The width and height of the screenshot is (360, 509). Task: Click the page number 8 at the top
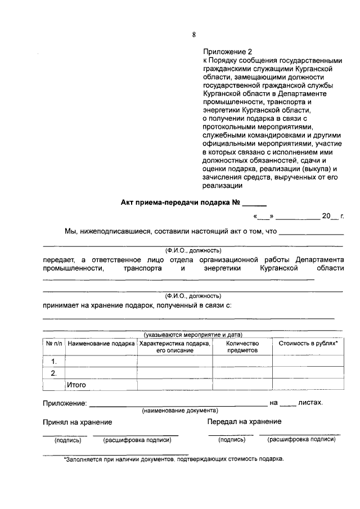pyautogui.click(x=193, y=35)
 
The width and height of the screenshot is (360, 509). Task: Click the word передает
pyautogui.click(x=59, y=260)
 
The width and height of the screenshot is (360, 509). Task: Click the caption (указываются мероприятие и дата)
pyautogui.click(x=193, y=334)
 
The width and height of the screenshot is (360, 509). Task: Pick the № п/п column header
pyautogui.click(x=54, y=343)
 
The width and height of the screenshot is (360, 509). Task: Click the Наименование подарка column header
pyautogui.click(x=101, y=343)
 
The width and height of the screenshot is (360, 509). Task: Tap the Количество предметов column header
pyautogui.click(x=242, y=346)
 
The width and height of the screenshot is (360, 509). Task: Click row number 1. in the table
pyautogui.click(x=54, y=361)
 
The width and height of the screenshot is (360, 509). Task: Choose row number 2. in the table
pyautogui.click(x=54, y=373)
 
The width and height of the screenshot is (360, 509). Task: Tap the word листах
pyautogui.click(x=310, y=403)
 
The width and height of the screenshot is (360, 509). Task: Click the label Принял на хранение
pyautogui.click(x=78, y=422)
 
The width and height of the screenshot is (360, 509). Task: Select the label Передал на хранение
pyautogui.click(x=244, y=422)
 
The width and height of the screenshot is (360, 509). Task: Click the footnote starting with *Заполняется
pyautogui.click(x=174, y=458)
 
